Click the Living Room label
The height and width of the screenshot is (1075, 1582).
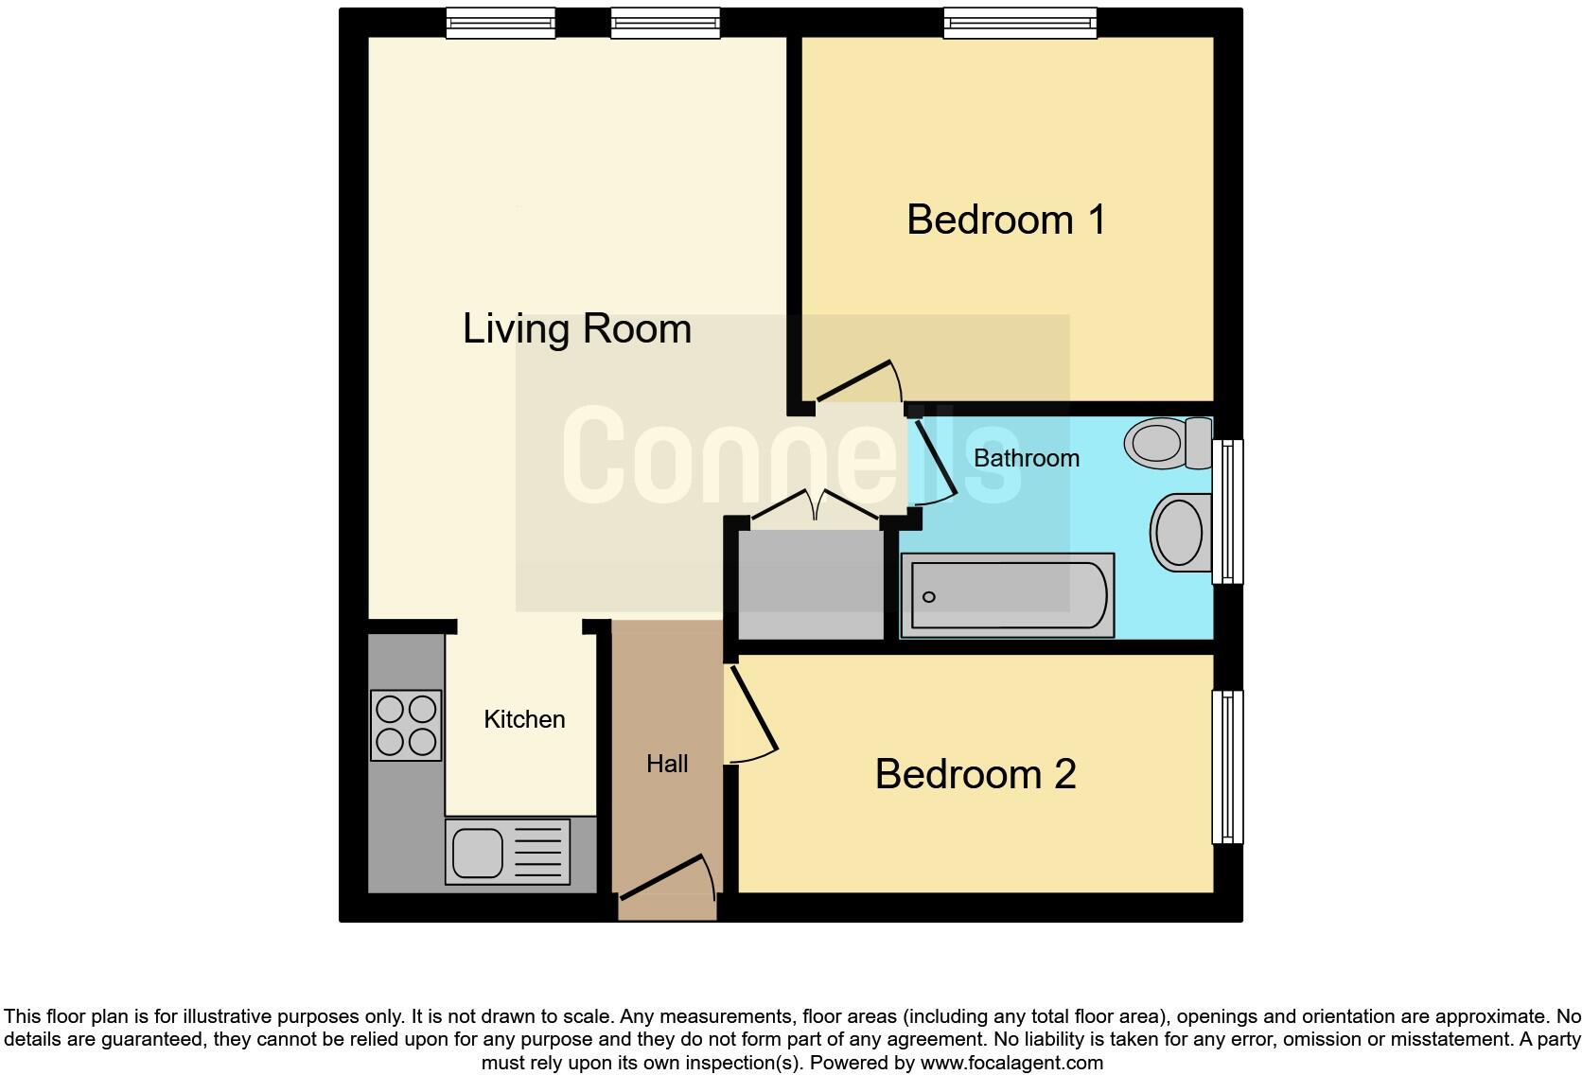coord(576,329)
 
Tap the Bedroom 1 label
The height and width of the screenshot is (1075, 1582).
coord(1006,220)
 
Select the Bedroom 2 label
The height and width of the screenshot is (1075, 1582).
coord(975,774)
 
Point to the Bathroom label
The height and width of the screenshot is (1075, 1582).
coord(1026,458)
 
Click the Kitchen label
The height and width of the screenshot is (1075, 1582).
coord(524,719)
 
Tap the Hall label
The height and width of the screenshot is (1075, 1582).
coord(666,764)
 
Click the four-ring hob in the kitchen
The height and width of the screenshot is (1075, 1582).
coord(406,725)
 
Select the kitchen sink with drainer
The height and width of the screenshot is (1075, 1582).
coord(508,852)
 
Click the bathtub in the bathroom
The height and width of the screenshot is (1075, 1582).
coord(1007,596)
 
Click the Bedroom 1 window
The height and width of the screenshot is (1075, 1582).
coord(1020,23)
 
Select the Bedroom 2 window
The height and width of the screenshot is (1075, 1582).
coord(1227,767)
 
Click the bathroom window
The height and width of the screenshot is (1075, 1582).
coord(1227,511)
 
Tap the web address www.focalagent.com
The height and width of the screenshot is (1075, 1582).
coord(1011,1063)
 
